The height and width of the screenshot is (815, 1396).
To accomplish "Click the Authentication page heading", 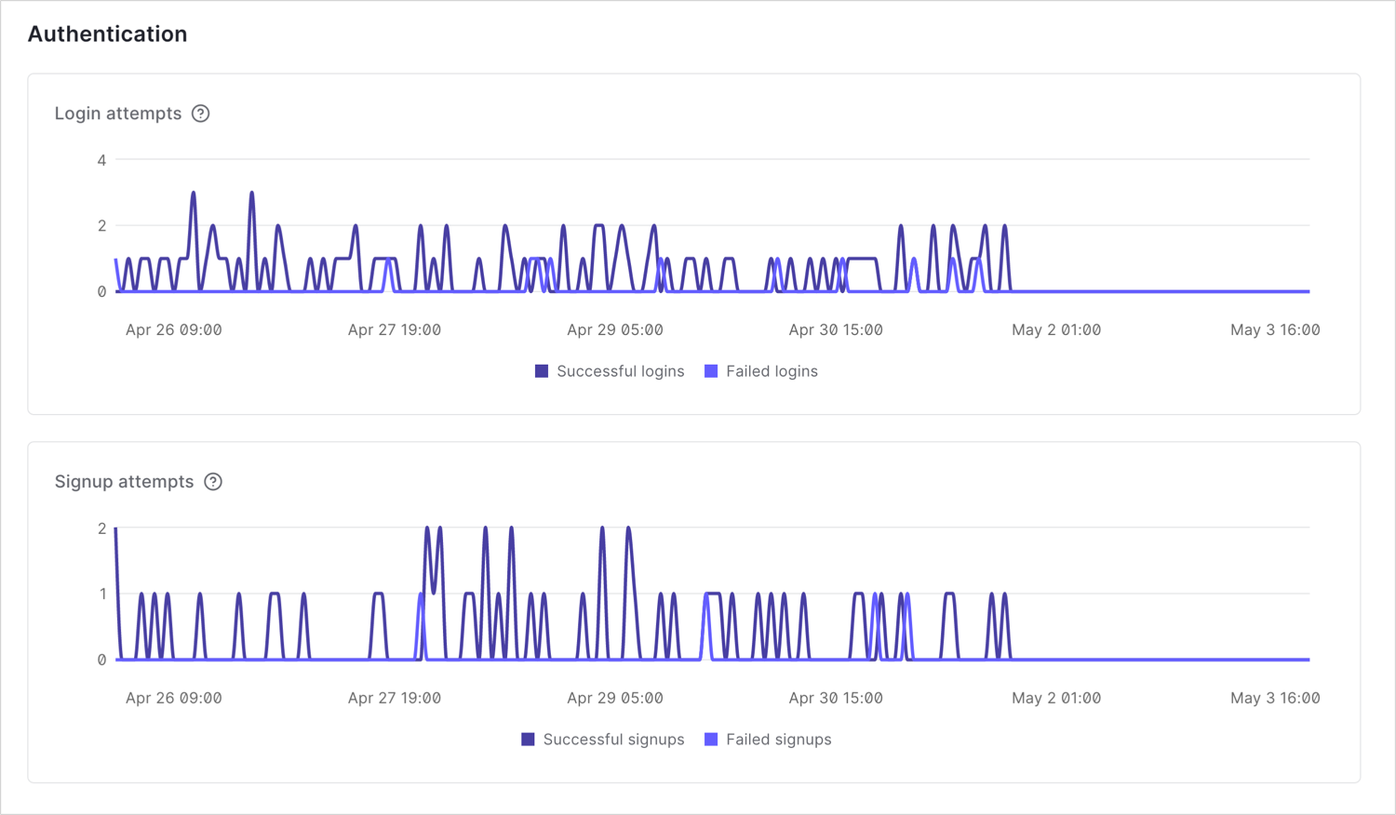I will point(107,34).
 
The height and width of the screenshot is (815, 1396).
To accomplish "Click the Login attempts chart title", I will point(118,114).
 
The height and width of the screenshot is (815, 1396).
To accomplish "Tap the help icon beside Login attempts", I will point(201,114).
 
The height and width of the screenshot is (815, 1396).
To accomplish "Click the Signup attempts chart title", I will point(124,482).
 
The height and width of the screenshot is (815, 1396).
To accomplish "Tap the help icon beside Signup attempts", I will point(213,482).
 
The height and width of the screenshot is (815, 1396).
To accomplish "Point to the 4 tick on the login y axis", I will point(101,160).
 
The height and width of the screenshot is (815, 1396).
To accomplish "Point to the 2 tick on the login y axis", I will point(101,226).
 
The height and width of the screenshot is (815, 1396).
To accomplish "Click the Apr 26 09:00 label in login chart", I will point(174,330).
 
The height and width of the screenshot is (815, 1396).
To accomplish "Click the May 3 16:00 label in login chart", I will point(1275,330).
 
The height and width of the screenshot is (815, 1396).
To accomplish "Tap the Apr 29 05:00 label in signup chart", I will point(615,699).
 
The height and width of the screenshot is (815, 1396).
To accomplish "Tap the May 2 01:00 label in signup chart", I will point(1056,699).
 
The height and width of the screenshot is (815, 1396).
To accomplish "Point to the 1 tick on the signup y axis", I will point(102,595).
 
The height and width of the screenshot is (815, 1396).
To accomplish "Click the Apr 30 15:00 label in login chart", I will point(836,330).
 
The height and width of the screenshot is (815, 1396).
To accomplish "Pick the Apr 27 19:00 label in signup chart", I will point(395,699).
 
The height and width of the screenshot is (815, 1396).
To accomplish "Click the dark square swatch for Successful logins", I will point(542,371).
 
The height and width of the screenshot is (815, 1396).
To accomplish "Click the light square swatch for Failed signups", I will point(711,740).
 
